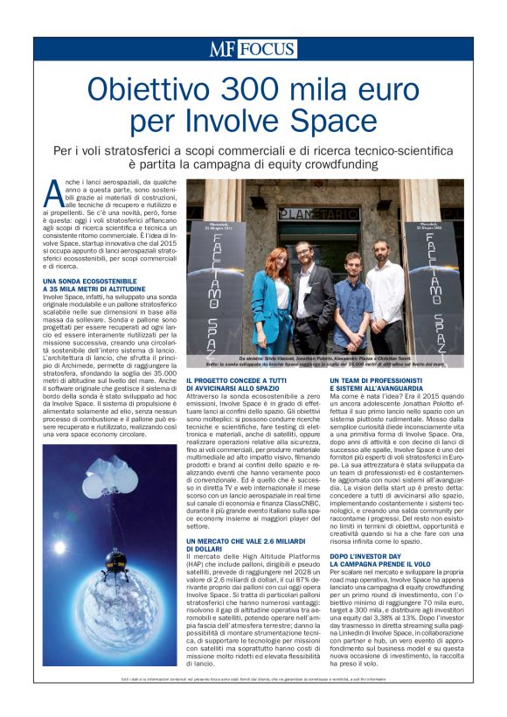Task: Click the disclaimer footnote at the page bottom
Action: click(x=253, y=679)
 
